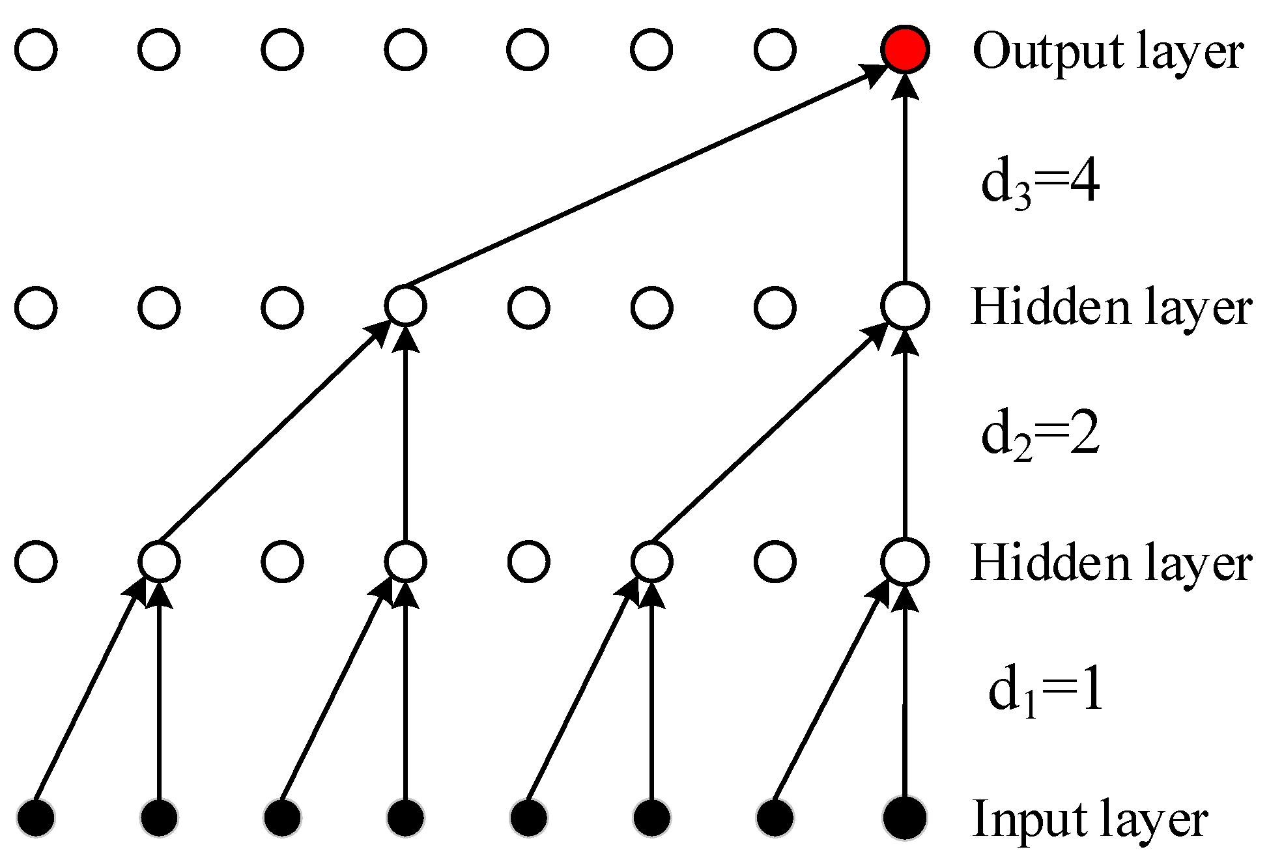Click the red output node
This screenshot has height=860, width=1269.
(x=905, y=50)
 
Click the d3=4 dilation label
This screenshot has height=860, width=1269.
(x=1040, y=184)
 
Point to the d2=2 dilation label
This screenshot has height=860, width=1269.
(x=1040, y=435)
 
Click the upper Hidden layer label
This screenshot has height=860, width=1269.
(x=1111, y=307)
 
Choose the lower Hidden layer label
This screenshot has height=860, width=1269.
(x=1111, y=563)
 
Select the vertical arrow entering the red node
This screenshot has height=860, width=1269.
(x=905, y=182)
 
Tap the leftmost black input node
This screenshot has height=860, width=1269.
(x=36, y=817)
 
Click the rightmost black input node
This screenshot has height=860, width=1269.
(x=905, y=817)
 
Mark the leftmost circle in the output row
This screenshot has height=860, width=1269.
(x=36, y=50)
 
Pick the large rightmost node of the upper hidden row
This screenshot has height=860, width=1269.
(x=905, y=306)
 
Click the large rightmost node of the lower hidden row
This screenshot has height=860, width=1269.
(x=905, y=562)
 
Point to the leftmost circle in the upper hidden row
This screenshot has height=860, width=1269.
(x=36, y=307)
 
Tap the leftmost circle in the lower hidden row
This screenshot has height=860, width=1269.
(x=36, y=562)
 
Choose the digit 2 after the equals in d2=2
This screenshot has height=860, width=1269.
(x=1084, y=434)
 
